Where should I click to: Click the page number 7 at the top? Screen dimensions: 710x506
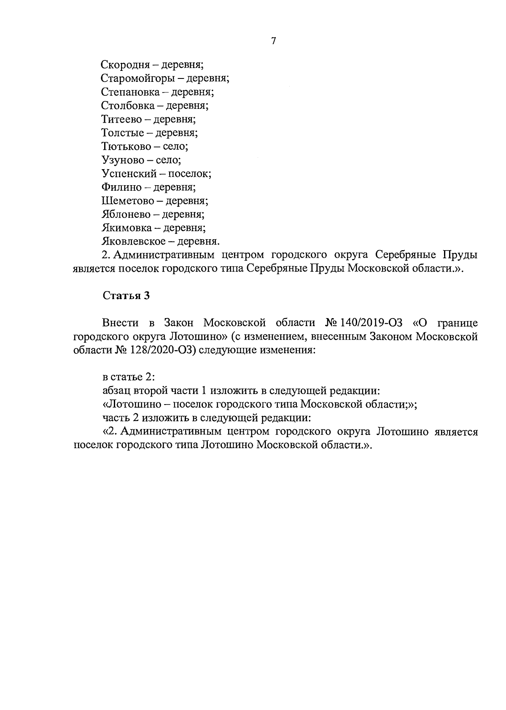pos(274,41)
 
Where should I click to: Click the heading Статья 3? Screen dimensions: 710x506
pos(126,296)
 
